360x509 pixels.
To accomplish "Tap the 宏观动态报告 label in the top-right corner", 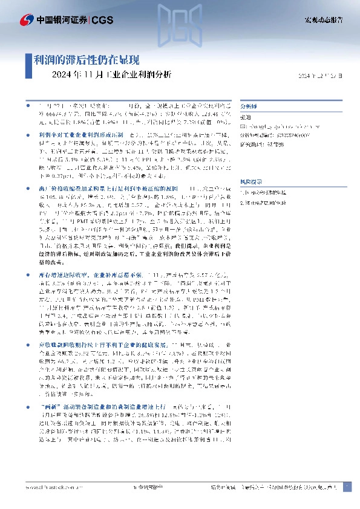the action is pyautogui.click(x=323, y=20).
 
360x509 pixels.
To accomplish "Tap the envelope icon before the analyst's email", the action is pyautogui.click(x=243, y=126).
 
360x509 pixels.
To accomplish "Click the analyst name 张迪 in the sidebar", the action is pyautogui.click(x=246, y=117).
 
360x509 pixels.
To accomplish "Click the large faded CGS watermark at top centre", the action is pyautogui.click(x=180, y=25).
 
